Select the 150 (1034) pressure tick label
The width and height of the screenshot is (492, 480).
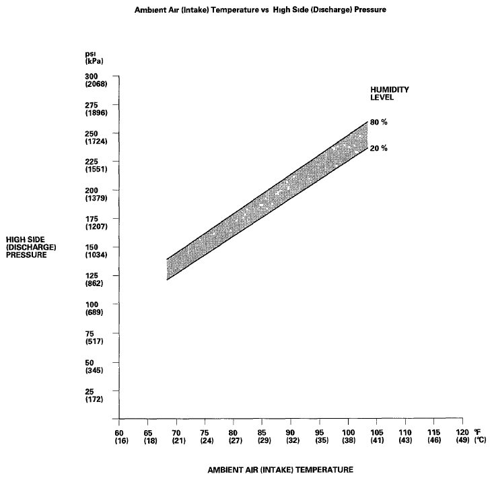92,250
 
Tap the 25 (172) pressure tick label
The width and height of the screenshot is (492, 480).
92,395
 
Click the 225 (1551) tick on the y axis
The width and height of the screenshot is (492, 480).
92,165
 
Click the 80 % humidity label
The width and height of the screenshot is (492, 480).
379,122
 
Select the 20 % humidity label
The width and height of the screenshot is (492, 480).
379,148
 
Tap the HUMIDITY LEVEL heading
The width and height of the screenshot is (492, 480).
390,93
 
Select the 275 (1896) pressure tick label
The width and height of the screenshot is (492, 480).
92,108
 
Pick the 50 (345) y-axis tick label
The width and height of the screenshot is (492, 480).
92,367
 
